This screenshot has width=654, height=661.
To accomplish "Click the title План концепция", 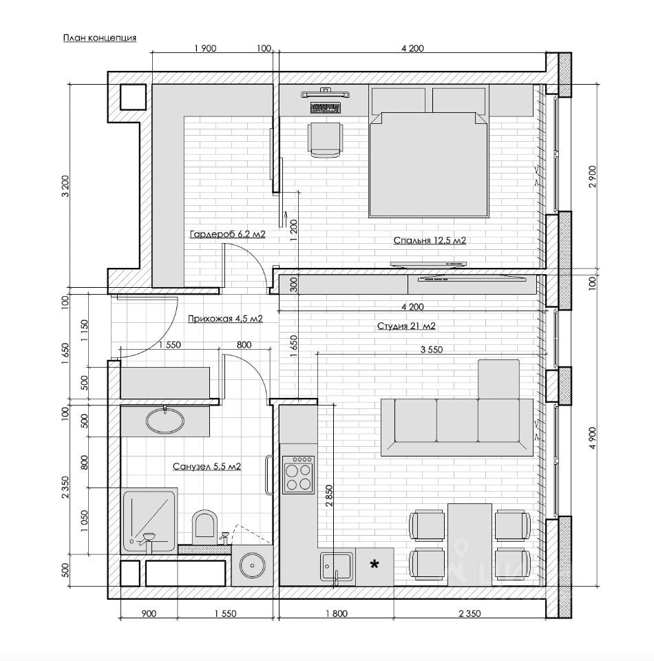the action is [x=100, y=38].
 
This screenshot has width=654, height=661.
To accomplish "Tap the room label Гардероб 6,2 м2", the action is [x=228, y=234].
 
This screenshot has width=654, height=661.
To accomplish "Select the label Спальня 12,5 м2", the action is [x=430, y=240].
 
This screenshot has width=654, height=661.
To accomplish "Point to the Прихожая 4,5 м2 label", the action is [x=225, y=319].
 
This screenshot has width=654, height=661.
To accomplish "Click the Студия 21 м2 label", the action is [x=406, y=326].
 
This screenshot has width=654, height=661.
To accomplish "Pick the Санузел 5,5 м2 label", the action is [x=207, y=467].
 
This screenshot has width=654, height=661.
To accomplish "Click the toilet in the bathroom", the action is [x=204, y=527].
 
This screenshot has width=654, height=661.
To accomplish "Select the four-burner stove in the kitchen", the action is [x=299, y=474].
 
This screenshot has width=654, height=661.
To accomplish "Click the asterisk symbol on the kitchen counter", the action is [x=374, y=565].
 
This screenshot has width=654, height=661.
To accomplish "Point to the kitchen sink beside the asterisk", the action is [x=336, y=567].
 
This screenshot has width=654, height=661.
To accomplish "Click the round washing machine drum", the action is [x=252, y=566].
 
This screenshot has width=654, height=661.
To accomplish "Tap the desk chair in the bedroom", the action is [x=326, y=140].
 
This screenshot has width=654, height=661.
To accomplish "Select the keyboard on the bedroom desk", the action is [x=326, y=108].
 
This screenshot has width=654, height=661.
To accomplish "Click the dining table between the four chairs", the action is [x=470, y=545].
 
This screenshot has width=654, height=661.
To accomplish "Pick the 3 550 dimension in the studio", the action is [x=432, y=350].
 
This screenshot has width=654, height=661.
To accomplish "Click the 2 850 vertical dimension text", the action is [x=330, y=495].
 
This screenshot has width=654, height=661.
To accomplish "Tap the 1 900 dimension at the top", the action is [x=205, y=48].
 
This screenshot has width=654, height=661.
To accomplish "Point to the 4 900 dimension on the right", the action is [x=593, y=439].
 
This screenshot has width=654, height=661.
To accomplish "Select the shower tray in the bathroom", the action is [x=149, y=521].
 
